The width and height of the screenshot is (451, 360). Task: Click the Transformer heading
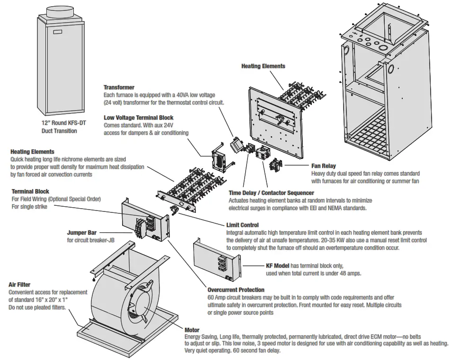[x=119, y=88]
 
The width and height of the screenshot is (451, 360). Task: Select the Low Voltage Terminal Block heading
[x=138, y=118]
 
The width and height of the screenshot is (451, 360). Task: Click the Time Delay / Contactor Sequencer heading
[x=271, y=193]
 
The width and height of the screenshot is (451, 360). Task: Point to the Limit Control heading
[x=243, y=225]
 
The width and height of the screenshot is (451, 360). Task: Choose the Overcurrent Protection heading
[x=236, y=290]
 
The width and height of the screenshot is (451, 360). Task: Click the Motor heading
[x=192, y=330]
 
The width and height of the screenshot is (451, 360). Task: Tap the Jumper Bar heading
[x=81, y=233]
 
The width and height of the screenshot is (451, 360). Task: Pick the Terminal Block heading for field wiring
[x=30, y=191]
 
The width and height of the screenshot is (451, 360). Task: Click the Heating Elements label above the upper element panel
[x=263, y=66]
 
